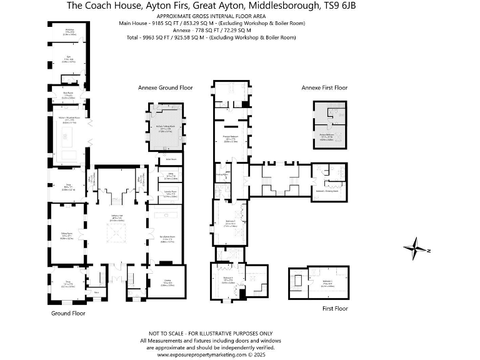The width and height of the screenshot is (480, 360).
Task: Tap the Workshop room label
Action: tap(70, 32)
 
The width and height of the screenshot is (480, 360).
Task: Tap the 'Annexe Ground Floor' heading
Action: tap(166, 88)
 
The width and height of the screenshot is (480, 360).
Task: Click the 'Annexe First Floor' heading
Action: tap(324, 88)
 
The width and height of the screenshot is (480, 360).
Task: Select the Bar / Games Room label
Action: tap(167, 238)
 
